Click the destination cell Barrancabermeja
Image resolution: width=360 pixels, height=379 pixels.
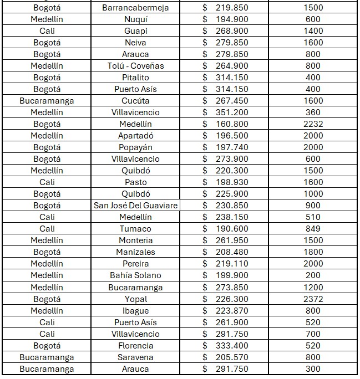click(x=135, y=8)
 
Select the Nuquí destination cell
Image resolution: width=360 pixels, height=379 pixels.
click(x=135, y=19)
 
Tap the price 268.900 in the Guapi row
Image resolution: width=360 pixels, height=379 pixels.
click(x=225, y=31)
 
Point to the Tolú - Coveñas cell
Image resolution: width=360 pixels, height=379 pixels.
click(x=135, y=66)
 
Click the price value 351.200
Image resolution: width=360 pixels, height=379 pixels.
click(x=225, y=112)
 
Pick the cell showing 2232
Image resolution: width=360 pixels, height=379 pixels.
click(x=313, y=124)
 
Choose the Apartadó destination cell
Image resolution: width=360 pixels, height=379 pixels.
click(x=135, y=136)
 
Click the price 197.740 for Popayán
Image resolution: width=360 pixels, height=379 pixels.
click(x=225, y=147)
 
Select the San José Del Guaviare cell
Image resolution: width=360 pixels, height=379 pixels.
click(x=135, y=206)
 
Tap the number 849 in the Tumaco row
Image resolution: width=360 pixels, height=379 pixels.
click(x=313, y=229)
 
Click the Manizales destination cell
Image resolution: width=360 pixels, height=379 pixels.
click(x=135, y=252)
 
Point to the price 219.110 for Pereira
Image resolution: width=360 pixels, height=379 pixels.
click(x=225, y=264)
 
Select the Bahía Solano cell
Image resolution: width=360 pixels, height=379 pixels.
click(x=135, y=275)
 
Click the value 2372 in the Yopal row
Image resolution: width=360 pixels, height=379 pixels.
click(x=313, y=299)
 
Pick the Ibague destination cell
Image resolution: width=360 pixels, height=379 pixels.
click(x=135, y=311)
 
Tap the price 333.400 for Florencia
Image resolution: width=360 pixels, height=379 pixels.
click(x=225, y=346)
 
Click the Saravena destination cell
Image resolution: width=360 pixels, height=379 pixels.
click(x=135, y=357)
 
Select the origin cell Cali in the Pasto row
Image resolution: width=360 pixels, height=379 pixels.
click(x=47, y=182)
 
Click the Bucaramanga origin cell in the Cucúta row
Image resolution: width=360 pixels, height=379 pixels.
click(x=47, y=101)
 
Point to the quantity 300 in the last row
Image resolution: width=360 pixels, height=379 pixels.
click(x=313, y=369)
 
